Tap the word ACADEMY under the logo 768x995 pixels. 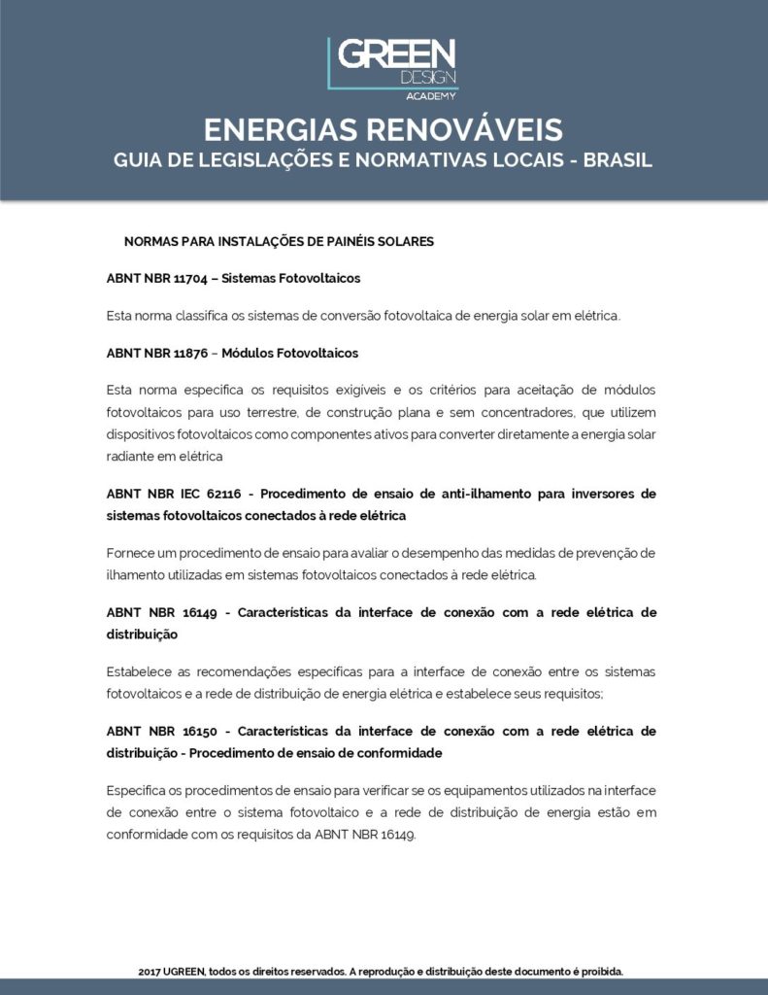[432, 95]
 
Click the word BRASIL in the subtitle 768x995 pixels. [618, 159]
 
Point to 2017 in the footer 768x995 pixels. [150, 971]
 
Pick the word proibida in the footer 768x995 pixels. [600, 971]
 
